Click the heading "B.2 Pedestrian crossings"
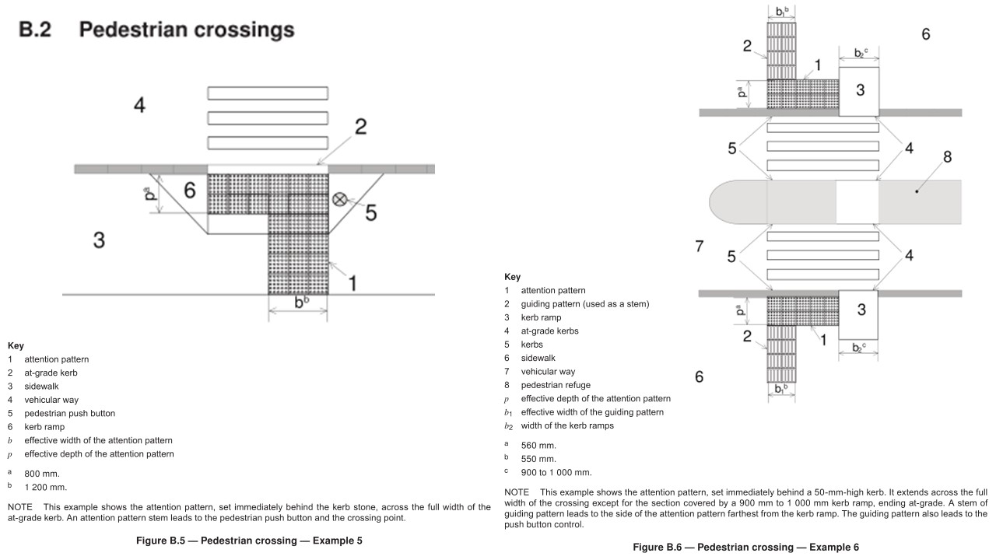tap(156, 30)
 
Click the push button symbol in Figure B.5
tap(339, 199)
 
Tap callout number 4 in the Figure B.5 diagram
tap(139, 105)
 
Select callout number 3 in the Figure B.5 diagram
tap(99, 240)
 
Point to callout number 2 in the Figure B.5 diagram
tap(360, 127)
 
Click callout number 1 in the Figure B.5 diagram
tap(352, 282)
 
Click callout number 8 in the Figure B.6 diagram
tap(947, 157)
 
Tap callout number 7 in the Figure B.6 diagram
tap(699, 247)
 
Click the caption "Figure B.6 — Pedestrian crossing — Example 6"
tap(745, 547)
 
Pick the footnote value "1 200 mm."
tap(45, 487)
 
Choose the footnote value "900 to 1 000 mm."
tap(556, 472)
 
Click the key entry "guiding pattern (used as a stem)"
tap(584, 303)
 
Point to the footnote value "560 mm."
tap(538, 445)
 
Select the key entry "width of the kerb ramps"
tap(567, 425)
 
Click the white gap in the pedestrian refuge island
tap(857, 202)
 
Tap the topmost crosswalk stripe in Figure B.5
tap(267, 93)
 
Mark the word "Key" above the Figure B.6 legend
tap(512, 277)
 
